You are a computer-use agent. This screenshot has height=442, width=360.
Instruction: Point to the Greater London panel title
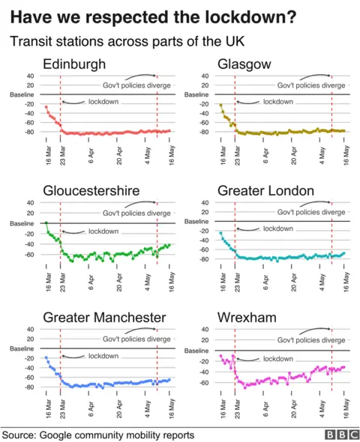265,191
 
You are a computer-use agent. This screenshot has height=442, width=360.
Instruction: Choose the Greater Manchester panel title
104,318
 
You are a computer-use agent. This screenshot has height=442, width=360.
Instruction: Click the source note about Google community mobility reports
98,435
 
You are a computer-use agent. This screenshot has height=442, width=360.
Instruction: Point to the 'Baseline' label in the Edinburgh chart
21,94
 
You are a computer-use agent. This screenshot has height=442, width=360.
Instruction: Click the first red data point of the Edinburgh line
46,107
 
